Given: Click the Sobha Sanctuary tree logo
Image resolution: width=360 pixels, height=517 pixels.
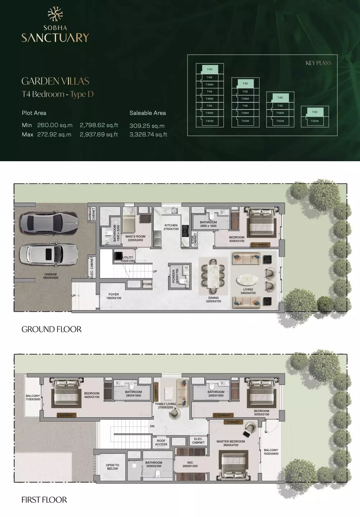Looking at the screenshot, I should pyautogui.click(x=55, y=14).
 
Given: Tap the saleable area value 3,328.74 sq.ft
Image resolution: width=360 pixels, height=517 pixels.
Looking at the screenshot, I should pyautogui.click(x=148, y=135).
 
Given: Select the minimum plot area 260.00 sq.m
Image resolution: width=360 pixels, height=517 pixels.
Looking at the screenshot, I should pyautogui.click(x=55, y=125).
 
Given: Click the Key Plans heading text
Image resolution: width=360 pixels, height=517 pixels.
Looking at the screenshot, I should pyautogui.click(x=319, y=63).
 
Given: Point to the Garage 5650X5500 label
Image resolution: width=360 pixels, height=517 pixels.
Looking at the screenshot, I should pyautogui.click(x=51, y=276).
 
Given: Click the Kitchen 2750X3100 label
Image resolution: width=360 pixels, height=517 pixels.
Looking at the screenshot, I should pyautogui.click(x=171, y=227).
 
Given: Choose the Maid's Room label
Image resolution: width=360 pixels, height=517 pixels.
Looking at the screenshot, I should pyautogui.click(x=135, y=238).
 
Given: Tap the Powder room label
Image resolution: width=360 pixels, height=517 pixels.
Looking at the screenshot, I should pyautogui.click(x=175, y=276).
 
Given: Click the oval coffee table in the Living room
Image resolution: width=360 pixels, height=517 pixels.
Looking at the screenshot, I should pyautogui.click(x=248, y=280).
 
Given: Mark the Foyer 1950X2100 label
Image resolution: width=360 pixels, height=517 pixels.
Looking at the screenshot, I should pyautogui.click(x=114, y=296).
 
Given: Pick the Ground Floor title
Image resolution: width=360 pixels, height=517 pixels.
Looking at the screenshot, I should pyautogui.click(x=51, y=329).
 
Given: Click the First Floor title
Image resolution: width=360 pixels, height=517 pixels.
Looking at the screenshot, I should pyautogui.click(x=44, y=500).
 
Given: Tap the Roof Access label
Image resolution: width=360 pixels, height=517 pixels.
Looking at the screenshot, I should pyautogui.click(x=161, y=443).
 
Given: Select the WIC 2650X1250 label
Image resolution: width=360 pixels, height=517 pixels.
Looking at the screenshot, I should pyautogui.click(x=190, y=465).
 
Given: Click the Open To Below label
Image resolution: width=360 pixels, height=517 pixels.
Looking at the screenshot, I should pyautogui.click(x=112, y=467).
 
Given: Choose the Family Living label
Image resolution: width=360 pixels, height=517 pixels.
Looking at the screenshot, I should pyautogui.click(x=166, y=406).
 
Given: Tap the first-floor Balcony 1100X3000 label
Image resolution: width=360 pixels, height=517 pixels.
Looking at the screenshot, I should pyautogui.click(x=33, y=397).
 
